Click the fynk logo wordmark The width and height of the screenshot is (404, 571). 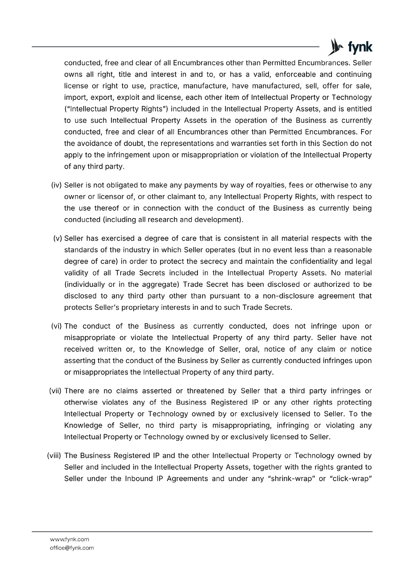(360, 47)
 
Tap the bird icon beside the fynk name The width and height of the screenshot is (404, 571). (336, 47)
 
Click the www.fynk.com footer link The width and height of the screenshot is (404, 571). (69, 539)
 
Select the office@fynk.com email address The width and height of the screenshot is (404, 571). (72, 548)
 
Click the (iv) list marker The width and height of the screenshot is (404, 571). (57, 185)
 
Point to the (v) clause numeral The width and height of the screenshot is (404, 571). (58, 238)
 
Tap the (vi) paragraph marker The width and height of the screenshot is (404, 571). (57, 326)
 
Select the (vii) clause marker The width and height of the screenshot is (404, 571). (55, 391)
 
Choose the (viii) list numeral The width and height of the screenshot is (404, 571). (55, 456)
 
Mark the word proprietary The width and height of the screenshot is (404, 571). (123, 307)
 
